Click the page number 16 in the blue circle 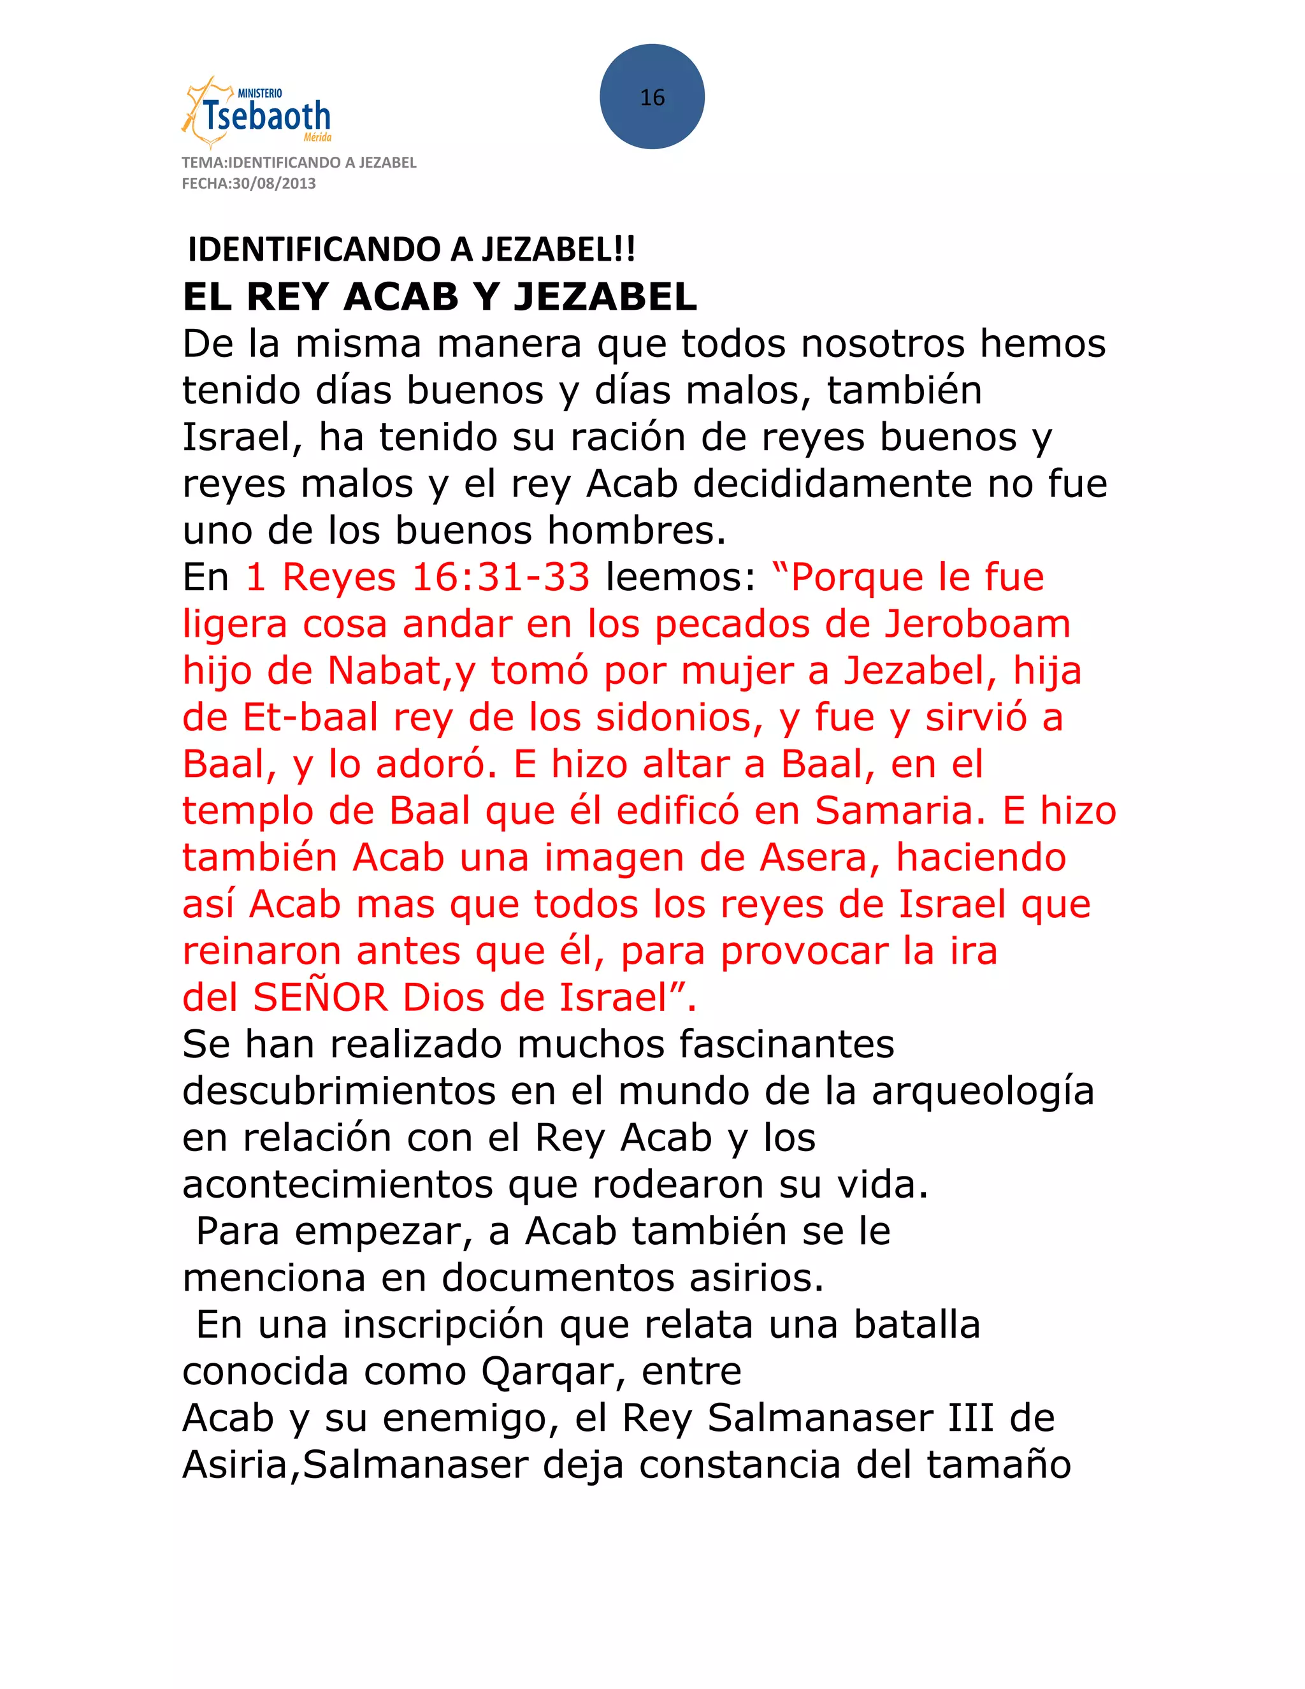[652, 98]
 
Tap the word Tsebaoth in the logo [268, 117]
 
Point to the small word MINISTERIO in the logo [260, 94]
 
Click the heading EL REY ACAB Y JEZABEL [440, 297]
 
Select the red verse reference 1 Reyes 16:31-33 [417, 577]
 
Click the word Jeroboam [978, 624]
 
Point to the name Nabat [384, 671]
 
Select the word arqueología [983, 1091]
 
